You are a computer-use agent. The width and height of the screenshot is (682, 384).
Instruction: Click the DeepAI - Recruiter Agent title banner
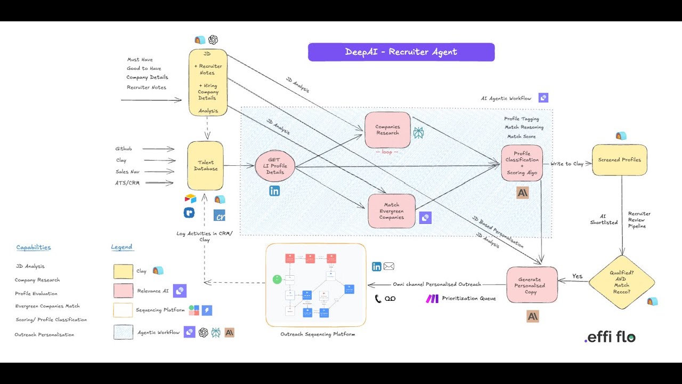tap(401, 52)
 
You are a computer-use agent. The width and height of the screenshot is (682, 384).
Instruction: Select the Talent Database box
tap(206, 166)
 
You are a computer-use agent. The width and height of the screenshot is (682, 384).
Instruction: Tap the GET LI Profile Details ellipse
tap(274, 166)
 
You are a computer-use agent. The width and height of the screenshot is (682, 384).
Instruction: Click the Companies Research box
tap(387, 130)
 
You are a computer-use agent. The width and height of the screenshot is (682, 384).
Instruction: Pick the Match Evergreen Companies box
tap(391, 211)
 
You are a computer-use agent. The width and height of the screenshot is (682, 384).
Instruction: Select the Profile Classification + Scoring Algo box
tap(522, 163)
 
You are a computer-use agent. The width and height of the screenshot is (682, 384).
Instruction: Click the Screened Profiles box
tap(619, 159)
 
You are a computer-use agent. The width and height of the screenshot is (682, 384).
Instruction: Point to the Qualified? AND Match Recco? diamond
tap(621, 282)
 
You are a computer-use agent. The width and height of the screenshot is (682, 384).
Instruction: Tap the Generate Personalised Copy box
tap(532, 285)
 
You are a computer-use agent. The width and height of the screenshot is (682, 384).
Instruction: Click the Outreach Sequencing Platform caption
tap(318, 334)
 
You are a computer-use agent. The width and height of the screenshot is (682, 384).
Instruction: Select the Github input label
tap(124, 149)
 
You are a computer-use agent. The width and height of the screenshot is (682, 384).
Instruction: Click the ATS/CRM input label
tap(128, 183)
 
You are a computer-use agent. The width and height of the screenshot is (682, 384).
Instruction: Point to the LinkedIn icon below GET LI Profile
tap(274, 191)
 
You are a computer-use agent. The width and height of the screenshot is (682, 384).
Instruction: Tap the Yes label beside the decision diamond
tap(577, 276)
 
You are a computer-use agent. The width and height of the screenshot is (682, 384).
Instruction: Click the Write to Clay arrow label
tap(567, 164)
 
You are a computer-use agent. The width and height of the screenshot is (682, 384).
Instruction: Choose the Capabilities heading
tap(34, 247)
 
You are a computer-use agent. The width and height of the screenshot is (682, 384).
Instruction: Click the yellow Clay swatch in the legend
tap(123, 271)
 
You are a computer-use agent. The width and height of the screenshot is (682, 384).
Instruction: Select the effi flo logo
tap(610, 337)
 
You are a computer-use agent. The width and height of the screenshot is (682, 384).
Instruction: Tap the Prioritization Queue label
tap(468, 299)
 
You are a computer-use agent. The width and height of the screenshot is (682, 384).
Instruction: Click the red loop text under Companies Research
tap(387, 152)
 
